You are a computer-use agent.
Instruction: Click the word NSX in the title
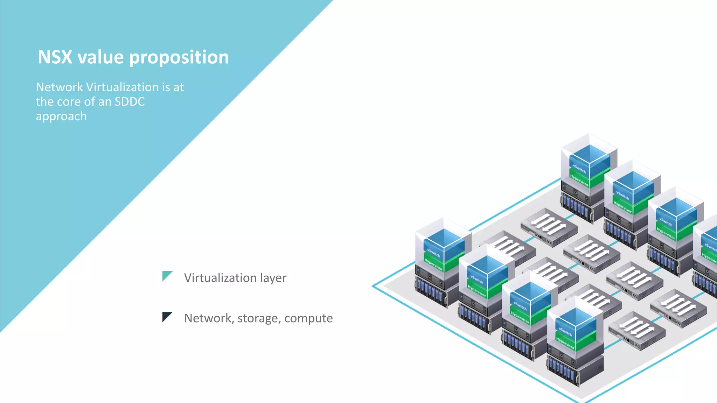[x=55, y=57]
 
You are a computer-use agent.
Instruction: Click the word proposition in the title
[x=179, y=58]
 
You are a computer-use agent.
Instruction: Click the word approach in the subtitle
[x=61, y=116]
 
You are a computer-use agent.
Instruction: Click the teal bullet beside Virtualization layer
[x=167, y=276]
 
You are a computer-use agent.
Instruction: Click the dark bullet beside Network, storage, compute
[x=167, y=316]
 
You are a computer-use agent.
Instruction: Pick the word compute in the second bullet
[x=308, y=319]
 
